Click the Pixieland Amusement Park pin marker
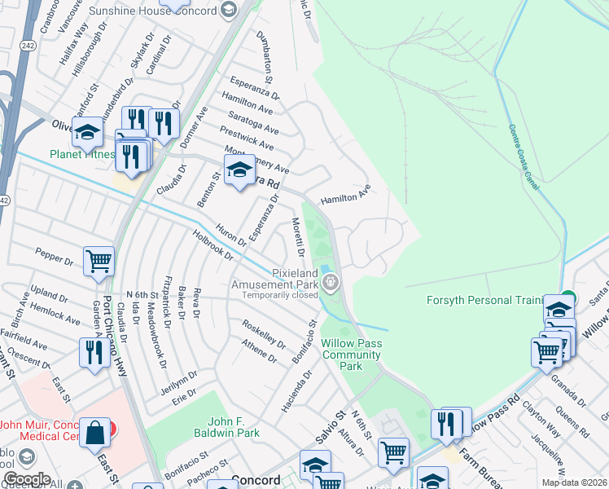pyautogui.click(x=331, y=283)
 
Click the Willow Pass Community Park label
pyautogui.click(x=351, y=355)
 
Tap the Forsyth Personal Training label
pyautogui.click(x=484, y=300)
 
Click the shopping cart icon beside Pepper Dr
pyautogui.click(x=99, y=262)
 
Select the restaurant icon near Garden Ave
pyautogui.click(x=91, y=353)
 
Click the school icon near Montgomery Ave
pyautogui.click(x=239, y=171)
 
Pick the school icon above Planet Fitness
pyautogui.click(x=87, y=131)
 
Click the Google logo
pyautogui.click(x=27, y=478)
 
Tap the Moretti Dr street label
pyautogui.click(x=297, y=236)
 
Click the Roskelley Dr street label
pyautogui.click(x=264, y=334)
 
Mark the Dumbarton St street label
pyautogui.click(x=266, y=55)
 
